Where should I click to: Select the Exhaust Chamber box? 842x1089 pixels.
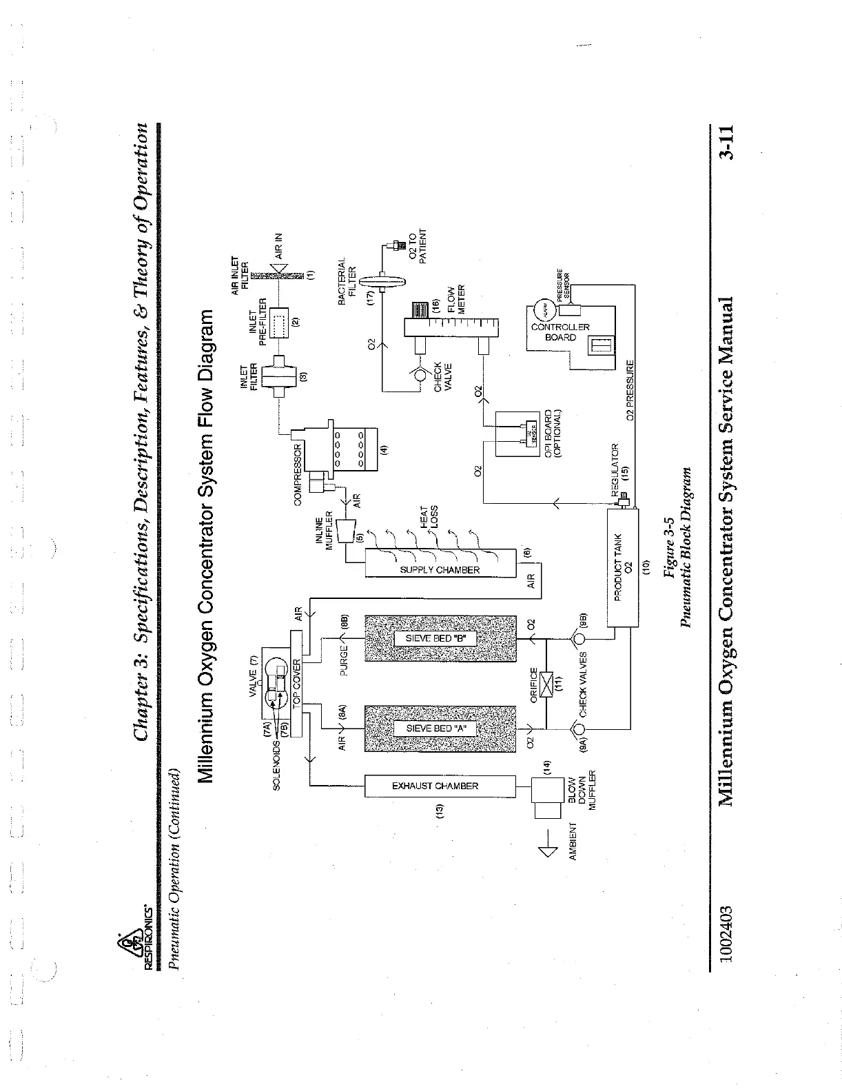tap(440, 786)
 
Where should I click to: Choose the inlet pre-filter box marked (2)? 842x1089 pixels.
tap(280, 322)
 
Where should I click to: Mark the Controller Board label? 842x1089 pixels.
tap(560, 332)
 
